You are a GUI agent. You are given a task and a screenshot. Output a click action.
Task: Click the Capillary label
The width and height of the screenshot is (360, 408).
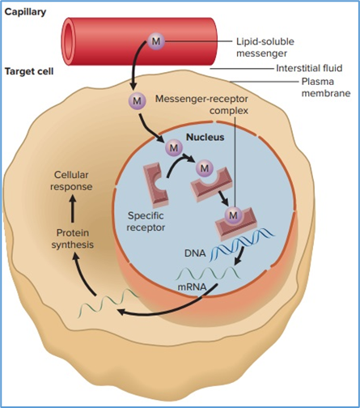tap(28, 12)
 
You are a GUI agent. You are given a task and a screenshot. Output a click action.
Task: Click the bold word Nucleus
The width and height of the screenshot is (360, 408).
tap(205, 137)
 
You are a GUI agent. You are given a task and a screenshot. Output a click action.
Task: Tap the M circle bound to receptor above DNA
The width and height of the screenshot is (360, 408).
tap(234, 215)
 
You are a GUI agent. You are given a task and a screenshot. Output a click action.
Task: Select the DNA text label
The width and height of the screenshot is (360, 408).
tap(195, 253)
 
